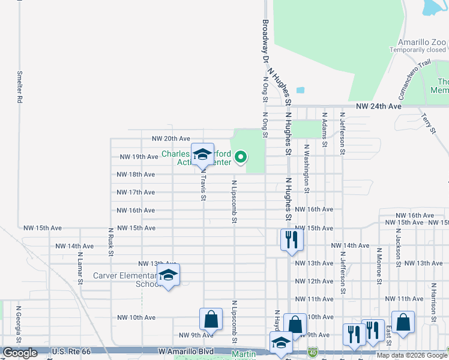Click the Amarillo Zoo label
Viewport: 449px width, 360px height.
click(x=423, y=43)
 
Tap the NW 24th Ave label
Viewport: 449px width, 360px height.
click(x=378, y=106)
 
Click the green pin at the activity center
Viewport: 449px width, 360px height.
click(x=241, y=158)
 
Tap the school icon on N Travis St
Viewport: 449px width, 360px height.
click(x=202, y=154)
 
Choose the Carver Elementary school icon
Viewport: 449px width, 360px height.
click(x=169, y=275)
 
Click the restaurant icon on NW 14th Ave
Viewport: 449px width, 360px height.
click(x=291, y=239)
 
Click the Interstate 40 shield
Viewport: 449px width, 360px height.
click(x=312, y=351)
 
